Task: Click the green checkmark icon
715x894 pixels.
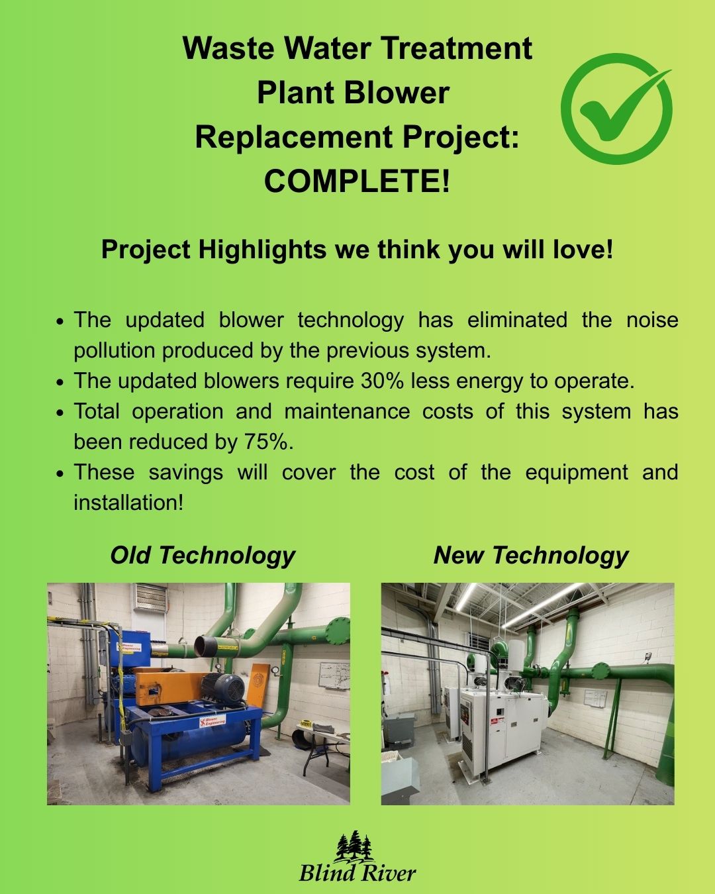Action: [x=616, y=109]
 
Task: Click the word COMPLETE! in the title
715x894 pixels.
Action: [x=357, y=181]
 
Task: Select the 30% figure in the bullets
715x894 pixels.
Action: [x=382, y=381]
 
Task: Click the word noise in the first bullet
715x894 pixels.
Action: [x=652, y=320]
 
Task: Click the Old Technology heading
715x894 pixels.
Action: [x=203, y=556]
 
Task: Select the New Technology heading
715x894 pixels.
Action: [x=531, y=556]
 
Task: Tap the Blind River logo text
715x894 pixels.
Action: [x=358, y=872]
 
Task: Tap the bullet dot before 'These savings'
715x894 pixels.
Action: [x=61, y=473]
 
